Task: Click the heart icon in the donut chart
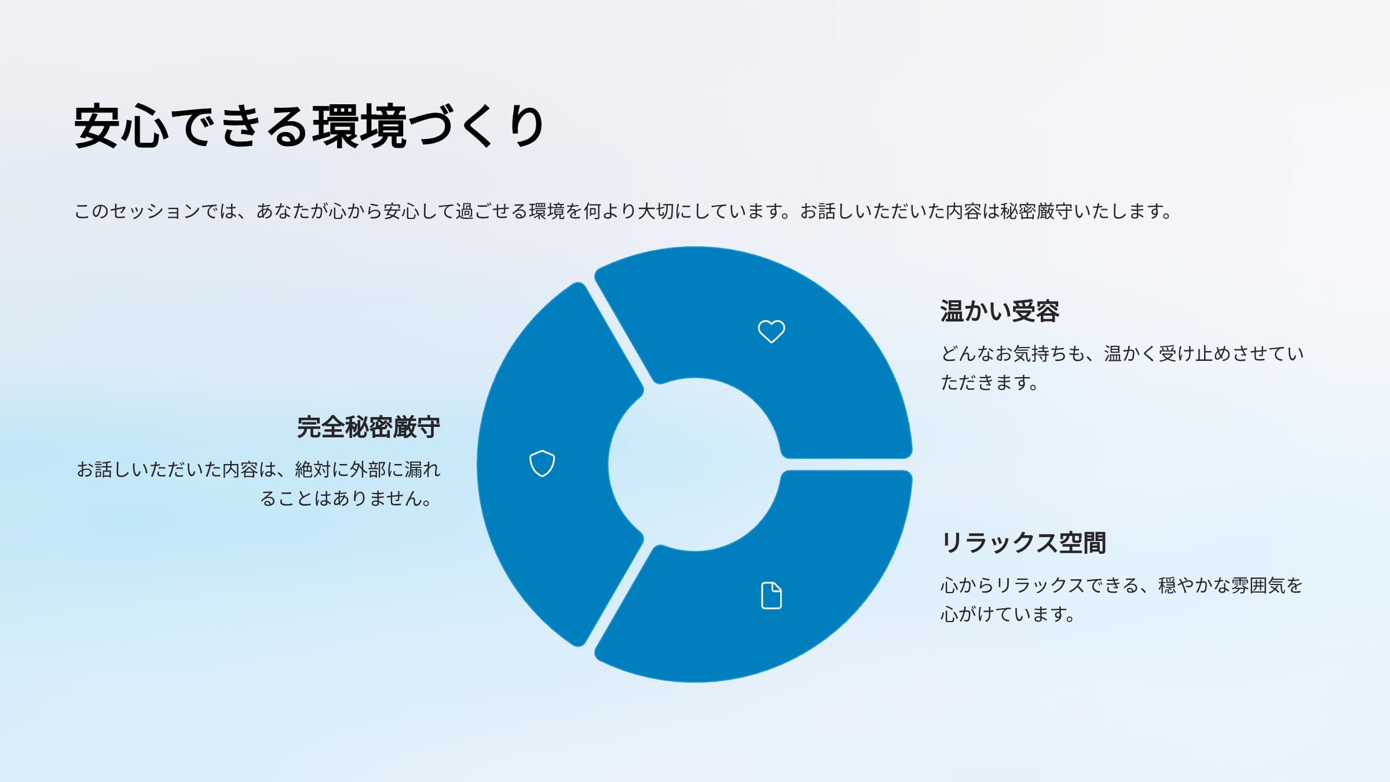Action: point(771,331)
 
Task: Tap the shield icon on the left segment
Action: point(542,463)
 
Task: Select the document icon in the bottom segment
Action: point(771,595)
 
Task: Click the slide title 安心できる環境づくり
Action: point(310,126)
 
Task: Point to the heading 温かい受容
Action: point(1000,311)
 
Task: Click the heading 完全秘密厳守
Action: point(369,427)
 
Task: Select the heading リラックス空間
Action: point(1023,543)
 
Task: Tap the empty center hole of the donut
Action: point(695,465)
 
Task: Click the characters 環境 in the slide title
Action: point(360,126)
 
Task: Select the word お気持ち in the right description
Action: point(1031,353)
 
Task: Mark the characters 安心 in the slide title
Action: point(122,126)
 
